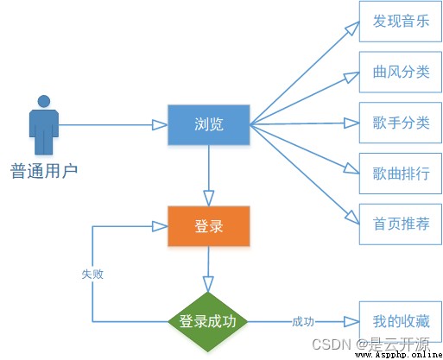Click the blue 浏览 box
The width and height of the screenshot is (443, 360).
pyautogui.click(x=209, y=125)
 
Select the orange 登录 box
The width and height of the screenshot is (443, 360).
pyautogui.click(x=209, y=226)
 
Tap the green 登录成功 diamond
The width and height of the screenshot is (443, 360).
pyautogui.click(x=208, y=322)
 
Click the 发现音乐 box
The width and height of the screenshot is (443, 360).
pyautogui.click(x=401, y=22)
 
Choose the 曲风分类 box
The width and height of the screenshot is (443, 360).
pyautogui.click(x=401, y=72)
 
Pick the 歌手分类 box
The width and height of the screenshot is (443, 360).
pyautogui.click(x=401, y=123)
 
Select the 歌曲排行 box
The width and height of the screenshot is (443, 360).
pyautogui.click(x=401, y=174)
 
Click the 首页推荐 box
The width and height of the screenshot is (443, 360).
pyautogui.click(x=401, y=224)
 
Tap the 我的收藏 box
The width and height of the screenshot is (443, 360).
pyautogui.click(x=401, y=322)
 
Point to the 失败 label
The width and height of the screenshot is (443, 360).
pyautogui.click(x=92, y=275)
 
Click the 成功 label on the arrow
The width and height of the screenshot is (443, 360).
pyautogui.click(x=303, y=322)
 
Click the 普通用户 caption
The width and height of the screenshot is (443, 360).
pyautogui.click(x=44, y=171)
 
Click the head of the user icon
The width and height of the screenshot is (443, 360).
pyautogui.click(x=44, y=101)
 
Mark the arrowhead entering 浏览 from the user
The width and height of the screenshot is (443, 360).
pyautogui.click(x=160, y=125)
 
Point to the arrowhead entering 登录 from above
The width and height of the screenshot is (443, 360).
pyautogui.click(x=209, y=198)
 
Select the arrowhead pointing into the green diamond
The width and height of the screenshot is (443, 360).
pyautogui.click(x=208, y=284)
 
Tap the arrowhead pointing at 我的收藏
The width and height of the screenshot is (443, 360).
pyautogui.click(x=351, y=322)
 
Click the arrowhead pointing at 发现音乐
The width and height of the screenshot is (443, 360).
pyautogui.click(x=352, y=28)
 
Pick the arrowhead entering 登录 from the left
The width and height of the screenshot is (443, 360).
pyautogui.click(x=160, y=226)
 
